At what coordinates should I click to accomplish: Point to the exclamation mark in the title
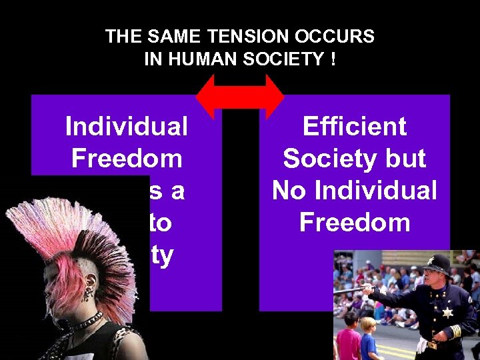[x=331, y=59]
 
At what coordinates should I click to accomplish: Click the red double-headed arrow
[x=240, y=97]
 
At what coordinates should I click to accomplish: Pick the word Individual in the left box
[x=127, y=126]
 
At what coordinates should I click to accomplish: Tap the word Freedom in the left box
[x=127, y=158]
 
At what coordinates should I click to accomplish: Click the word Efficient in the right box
[x=354, y=126]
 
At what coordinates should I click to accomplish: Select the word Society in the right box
[x=319, y=158]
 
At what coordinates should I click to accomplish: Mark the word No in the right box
[x=288, y=190]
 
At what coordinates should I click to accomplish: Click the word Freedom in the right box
[x=354, y=222]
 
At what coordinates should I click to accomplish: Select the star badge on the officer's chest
[x=446, y=312]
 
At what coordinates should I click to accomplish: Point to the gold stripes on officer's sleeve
[x=455, y=331]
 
